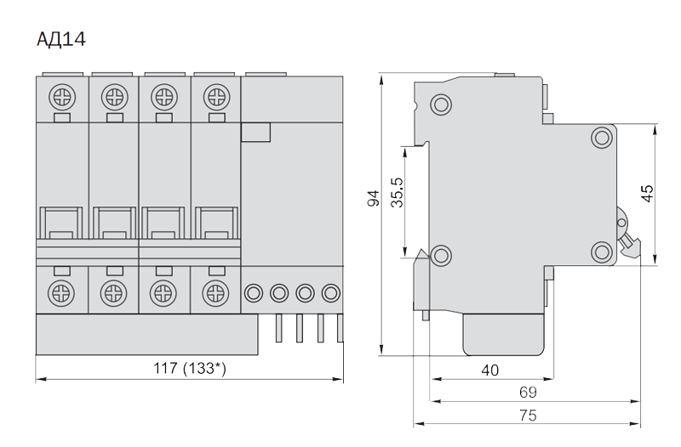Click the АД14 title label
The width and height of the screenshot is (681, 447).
coord(61,39)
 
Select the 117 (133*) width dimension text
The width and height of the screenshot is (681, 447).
coord(190,368)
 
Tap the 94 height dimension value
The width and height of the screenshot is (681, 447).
coord(374,198)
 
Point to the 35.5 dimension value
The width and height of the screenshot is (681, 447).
coord(397,192)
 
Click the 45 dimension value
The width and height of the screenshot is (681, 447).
coord(647,194)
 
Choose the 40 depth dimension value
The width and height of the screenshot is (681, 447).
coord(490,371)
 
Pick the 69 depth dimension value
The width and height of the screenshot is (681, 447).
coord(528,393)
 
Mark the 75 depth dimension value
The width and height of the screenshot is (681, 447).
coord(528,416)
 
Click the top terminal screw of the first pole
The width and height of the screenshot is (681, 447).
coord(62,97)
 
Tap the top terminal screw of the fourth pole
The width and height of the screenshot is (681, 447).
coord(217,97)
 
